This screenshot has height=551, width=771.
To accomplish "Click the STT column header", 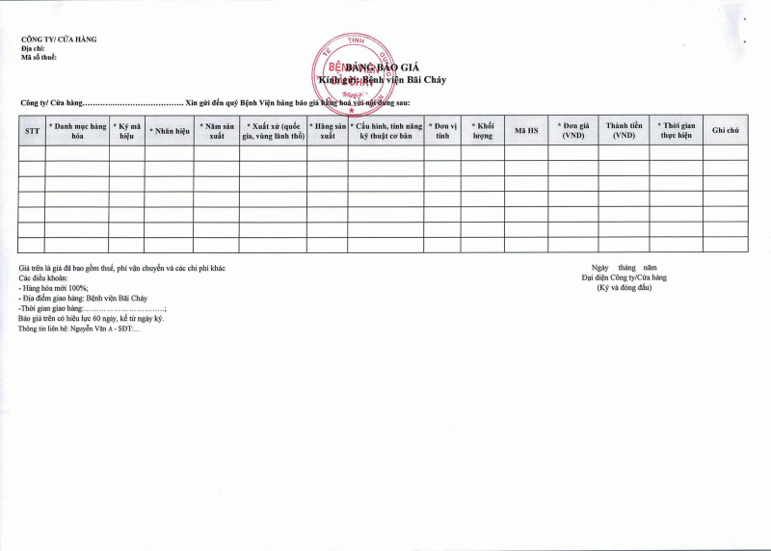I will tap(32, 130).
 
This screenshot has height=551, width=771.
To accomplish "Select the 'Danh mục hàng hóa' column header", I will tap(77, 130).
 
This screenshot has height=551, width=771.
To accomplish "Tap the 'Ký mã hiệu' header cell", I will tap(126, 130).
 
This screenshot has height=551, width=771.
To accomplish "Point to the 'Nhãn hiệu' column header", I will tap(169, 130).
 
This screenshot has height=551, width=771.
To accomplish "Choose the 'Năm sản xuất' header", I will tap(216, 130).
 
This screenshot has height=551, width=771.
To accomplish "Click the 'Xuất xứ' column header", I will tap(273, 130).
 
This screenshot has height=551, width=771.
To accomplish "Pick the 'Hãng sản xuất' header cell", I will tap(328, 130).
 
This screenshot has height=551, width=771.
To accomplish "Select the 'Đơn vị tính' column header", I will tap(442, 130).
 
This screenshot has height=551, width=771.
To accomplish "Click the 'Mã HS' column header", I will tap(526, 130).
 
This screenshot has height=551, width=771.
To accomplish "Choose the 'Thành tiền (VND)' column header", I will tap(624, 130).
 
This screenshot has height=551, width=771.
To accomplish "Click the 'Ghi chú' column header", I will tap(725, 130).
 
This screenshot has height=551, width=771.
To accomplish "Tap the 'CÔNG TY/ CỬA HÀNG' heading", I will tap(59, 39).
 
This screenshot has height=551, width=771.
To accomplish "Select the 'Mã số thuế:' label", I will tap(39, 58).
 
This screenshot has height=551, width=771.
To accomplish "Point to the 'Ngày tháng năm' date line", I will tap(624, 267).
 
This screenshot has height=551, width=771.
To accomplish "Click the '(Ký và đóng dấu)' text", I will tap(625, 288).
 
